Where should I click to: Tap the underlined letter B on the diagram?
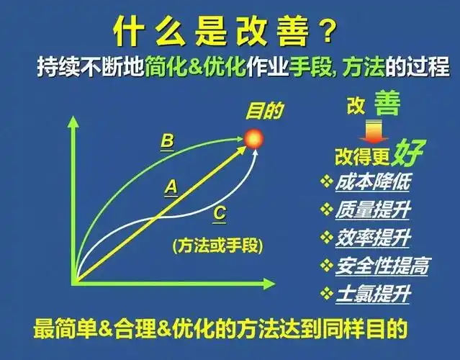point(167,141)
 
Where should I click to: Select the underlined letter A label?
point(171,187)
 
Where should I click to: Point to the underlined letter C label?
point(220,213)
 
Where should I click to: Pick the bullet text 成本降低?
point(371,183)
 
